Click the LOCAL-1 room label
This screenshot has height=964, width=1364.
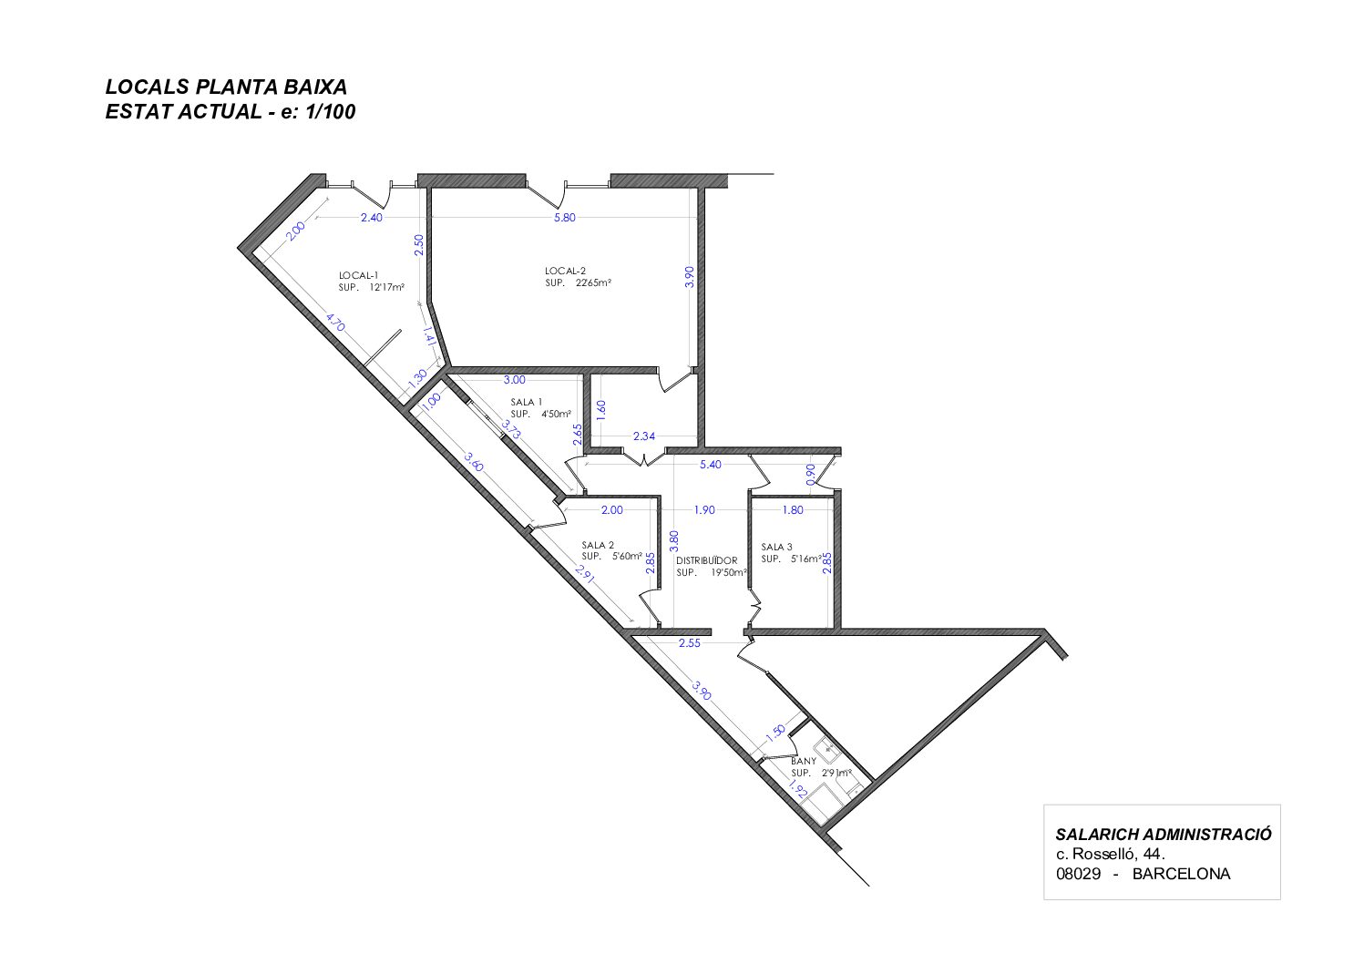(359, 275)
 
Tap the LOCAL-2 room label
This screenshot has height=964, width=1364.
(565, 271)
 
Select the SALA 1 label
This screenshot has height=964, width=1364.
(526, 402)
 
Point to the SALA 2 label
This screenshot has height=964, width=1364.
(598, 545)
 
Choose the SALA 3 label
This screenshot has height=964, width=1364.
(776, 547)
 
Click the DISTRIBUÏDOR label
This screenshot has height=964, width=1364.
(706, 560)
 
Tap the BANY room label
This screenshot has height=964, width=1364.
(803, 761)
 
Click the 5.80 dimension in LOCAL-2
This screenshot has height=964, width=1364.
(565, 218)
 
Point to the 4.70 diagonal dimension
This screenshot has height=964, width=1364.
(335, 323)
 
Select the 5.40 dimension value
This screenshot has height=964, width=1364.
(710, 465)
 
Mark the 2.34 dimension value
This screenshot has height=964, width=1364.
(643, 436)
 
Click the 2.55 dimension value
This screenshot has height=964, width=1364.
(690, 643)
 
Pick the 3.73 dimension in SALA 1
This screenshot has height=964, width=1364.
(511, 429)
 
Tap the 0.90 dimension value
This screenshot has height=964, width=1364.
(810, 475)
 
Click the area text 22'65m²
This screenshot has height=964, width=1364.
(593, 282)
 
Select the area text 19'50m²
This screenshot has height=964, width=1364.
(729, 572)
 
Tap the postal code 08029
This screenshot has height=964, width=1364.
(1079, 874)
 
